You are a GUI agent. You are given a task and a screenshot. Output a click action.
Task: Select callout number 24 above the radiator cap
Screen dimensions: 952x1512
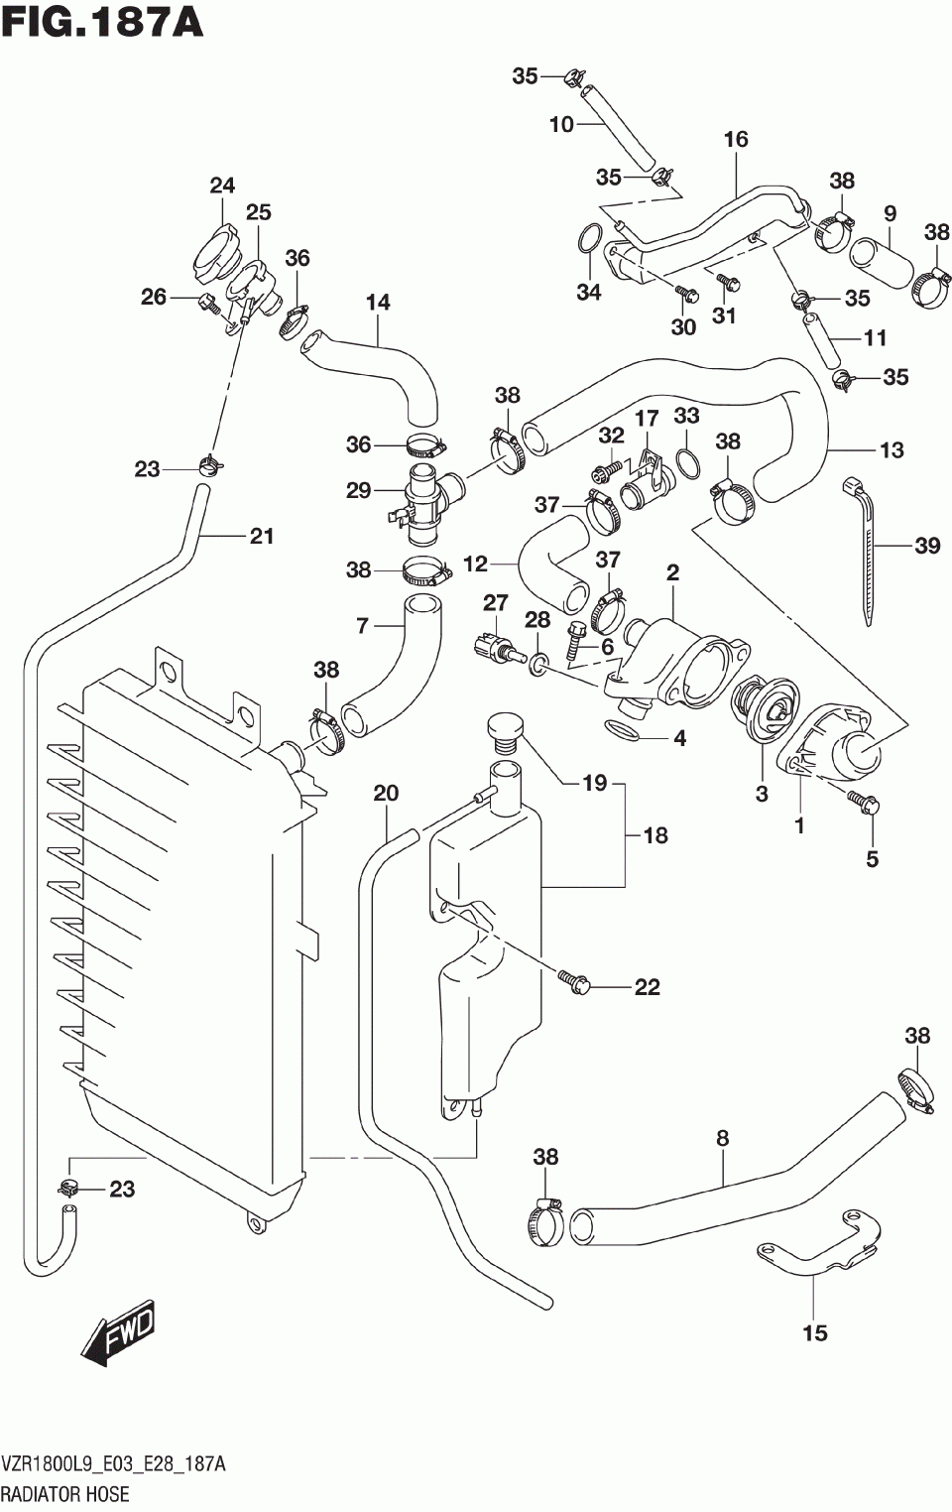pyautogui.click(x=222, y=185)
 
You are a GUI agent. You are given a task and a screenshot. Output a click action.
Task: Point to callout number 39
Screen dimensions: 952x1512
pyautogui.click(x=927, y=545)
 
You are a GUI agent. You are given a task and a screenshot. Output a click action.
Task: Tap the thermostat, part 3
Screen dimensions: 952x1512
pyautogui.click(x=766, y=711)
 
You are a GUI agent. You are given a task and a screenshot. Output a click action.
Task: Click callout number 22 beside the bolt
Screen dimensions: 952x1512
pyautogui.click(x=647, y=987)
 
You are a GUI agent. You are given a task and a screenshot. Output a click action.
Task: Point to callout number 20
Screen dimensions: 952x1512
pyautogui.click(x=386, y=793)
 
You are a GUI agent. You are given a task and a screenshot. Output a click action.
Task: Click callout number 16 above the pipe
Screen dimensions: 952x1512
pyautogui.click(x=736, y=139)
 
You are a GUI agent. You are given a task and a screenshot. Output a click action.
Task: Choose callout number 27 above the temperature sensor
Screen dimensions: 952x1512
pyautogui.click(x=495, y=602)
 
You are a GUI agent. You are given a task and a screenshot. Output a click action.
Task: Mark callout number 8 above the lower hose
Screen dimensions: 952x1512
pyautogui.click(x=723, y=1138)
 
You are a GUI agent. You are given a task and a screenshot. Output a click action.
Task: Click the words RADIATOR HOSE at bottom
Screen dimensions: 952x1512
pyautogui.click(x=65, y=1494)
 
